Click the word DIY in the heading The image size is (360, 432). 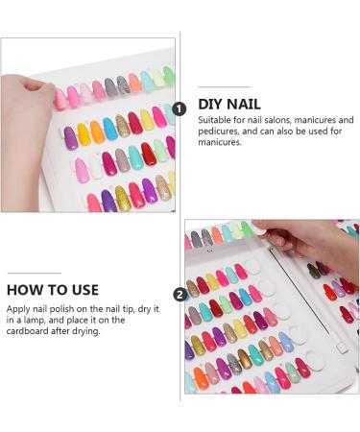(212, 103)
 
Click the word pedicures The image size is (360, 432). (220, 132)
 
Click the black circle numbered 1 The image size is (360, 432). (180, 110)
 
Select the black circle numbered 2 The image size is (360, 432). (180, 294)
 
